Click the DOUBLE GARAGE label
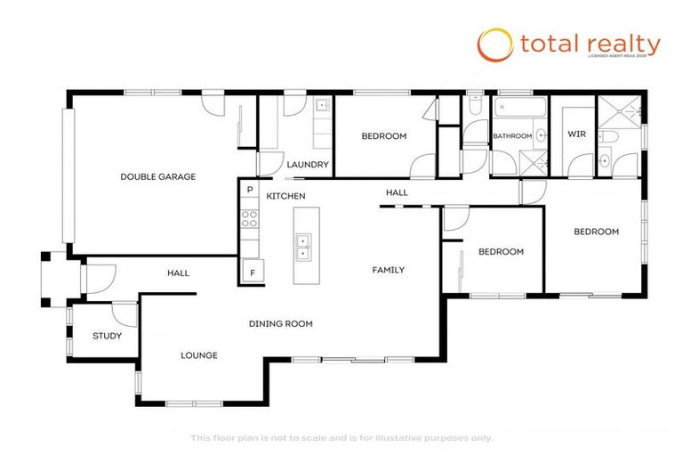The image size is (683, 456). click(157, 176)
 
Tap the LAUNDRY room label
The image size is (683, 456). click(309, 165)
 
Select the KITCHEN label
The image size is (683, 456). click(286, 195)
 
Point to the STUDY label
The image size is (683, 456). click(107, 336)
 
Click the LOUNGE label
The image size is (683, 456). click(199, 355)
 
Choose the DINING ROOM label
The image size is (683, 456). click(280, 323)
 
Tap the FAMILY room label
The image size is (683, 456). click(388, 270)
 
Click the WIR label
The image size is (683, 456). click(577, 134)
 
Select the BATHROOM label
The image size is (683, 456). click(512, 136)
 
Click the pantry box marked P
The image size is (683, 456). click(250, 190)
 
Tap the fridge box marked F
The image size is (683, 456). click(252, 273)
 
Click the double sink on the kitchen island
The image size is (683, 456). click(303, 246)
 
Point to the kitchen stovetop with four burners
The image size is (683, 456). click(250, 219)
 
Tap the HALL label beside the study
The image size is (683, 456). click(178, 273)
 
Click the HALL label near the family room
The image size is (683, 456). click(397, 192)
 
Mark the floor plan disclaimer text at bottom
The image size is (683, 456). click(341, 437)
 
